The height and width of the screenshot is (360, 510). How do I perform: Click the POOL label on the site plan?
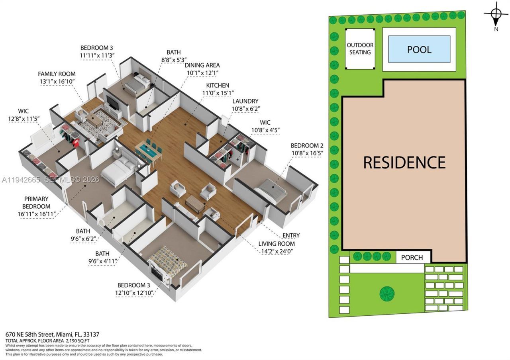pos(419,50)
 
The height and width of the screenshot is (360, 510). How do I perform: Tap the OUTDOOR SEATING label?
pos(360,49)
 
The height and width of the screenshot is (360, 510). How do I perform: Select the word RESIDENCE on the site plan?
pos(404,162)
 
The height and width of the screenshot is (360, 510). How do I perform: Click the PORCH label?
pos(412,257)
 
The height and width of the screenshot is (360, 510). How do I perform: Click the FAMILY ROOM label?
pos(57,74)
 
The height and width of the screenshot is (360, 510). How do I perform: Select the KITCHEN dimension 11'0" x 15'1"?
pos(218,93)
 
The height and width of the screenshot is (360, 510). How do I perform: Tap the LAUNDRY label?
pos(245,101)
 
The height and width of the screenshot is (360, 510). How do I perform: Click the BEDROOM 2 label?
pos(307,145)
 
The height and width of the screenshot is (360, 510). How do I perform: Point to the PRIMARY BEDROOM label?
pos(36,203)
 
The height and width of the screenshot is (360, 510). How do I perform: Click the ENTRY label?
pos(291,235)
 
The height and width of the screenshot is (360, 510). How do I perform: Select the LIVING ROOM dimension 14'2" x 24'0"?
pos(277,251)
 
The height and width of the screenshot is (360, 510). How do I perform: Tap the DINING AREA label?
pos(202,65)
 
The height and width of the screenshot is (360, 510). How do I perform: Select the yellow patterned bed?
pos(168,264)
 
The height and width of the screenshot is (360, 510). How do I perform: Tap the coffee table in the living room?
pos(195,203)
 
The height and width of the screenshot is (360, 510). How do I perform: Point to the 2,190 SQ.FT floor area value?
pos(77,340)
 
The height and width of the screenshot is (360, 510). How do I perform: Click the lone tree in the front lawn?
pos(387,294)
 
